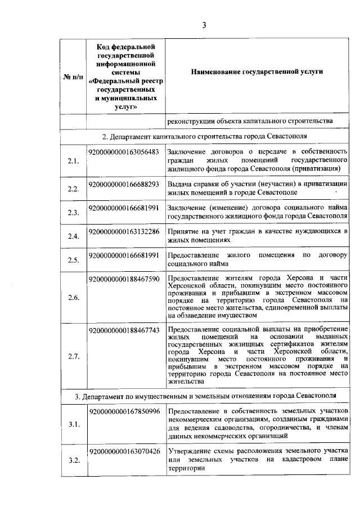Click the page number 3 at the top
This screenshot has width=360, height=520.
[x=205, y=24]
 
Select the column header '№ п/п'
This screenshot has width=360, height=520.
[x=73, y=76]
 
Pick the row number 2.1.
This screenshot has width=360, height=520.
[x=73, y=161]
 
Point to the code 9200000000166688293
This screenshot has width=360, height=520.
[x=124, y=184]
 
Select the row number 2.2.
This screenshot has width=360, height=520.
[x=73, y=189]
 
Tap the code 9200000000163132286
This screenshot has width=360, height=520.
[x=124, y=231]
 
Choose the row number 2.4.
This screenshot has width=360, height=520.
[x=73, y=236]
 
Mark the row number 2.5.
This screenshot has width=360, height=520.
[x=73, y=260]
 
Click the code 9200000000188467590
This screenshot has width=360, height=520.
[x=124, y=279]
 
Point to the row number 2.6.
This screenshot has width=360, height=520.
[x=73, y=297]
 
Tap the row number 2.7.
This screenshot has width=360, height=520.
[x=73, y=357]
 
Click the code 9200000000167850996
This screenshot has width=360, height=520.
[x=124, y=411]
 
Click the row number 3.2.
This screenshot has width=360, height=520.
[x=73, y=461]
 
